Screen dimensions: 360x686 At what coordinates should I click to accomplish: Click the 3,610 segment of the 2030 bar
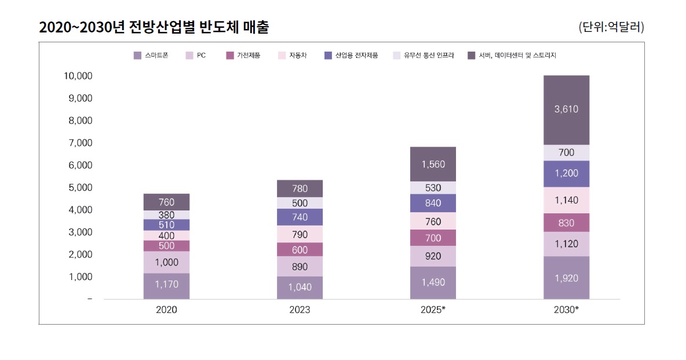coord(566,110)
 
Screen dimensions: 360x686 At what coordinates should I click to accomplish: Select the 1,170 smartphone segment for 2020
coord(166,285)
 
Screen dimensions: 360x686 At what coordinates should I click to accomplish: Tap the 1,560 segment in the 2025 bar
coord(433,165)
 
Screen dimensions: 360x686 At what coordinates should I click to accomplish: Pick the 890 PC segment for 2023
coord(300,267)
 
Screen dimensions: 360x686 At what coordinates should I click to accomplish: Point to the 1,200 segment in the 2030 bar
coord(566,173)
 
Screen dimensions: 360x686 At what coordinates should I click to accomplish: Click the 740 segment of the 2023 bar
coord(300,217)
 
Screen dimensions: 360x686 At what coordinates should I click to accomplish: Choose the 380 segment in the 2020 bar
coord(166,214)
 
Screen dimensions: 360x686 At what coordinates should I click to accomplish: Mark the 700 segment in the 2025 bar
coord(433,238)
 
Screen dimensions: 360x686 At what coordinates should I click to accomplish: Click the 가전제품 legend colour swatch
coord(230,56)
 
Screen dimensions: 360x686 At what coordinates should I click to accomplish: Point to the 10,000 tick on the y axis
coord(78,76)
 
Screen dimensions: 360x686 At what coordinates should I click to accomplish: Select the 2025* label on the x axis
coord(433,310)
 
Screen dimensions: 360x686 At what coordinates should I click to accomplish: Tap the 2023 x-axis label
coord(300,310)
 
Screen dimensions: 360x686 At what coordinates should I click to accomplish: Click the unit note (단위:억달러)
coord(611,27)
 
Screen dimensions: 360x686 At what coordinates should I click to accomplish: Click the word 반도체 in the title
coord(216,27)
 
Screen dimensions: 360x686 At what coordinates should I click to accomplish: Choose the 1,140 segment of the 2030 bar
coord(566,201)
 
